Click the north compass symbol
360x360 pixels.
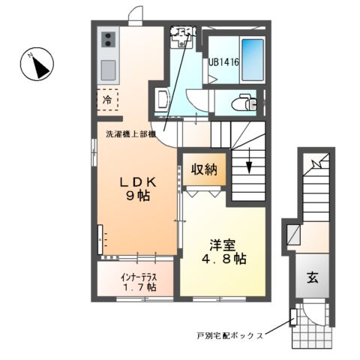pos(37,66)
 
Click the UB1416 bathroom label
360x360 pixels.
pos(223,64)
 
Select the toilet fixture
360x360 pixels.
pos(244,103)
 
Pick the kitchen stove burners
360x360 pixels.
pos(107,38)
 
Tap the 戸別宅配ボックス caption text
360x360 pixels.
pos(229,336)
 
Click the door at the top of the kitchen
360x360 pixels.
pos(135,16)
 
